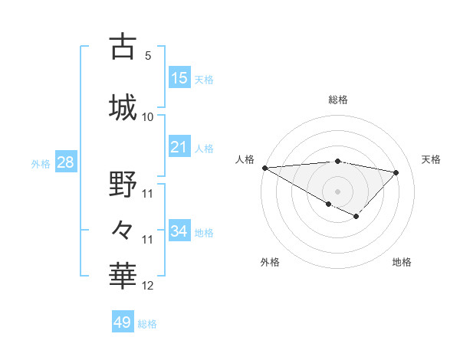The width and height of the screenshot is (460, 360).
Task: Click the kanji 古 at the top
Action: (x=123, y=47)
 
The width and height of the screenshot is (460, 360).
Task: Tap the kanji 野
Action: (x=123, y=184)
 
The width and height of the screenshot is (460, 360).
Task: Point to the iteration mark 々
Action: (x=123, y=228)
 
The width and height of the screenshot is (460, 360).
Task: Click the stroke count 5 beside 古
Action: (x=147, y=56)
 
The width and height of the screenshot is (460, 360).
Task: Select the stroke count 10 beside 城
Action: (x=148, y=116)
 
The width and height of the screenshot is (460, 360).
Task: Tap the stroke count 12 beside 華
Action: (x=148, y=286)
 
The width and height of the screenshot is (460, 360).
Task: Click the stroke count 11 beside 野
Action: (x=148, y=193)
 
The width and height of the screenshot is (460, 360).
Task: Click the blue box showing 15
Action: (x=179, y=77)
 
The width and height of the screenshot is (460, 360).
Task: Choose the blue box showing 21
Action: (x=179, y=147)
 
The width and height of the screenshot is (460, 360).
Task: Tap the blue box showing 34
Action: (x=179, y=231)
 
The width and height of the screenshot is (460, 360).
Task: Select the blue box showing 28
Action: (x=65, y=162)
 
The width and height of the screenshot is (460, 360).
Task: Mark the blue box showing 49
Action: (x=123, y=322)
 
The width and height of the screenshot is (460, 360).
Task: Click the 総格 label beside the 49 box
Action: (x=147, y=324)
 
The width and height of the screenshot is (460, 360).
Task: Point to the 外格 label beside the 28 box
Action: (x=41, y=164)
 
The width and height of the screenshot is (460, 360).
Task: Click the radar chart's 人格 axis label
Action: (x=245, y=159)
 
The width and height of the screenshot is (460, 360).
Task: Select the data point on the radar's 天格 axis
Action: (x=396, y=172)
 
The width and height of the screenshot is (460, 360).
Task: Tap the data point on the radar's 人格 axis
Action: (x=264, y=168)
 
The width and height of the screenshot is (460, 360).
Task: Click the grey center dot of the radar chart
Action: (x=337, y=191)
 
